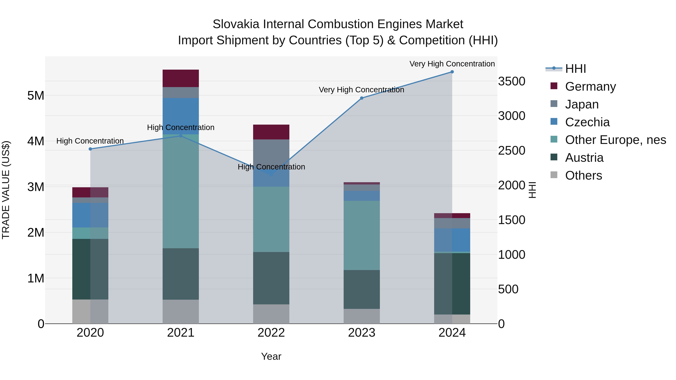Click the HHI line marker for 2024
pyautogui.click(x=452, y=72)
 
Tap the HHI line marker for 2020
pyautogui.click(x=90, y=149)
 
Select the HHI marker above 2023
pyautogui.click(x=362, y=98)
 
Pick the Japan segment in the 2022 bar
pyautogui.click(x=271, y=152)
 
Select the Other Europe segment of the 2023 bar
pyautogui.click(x=362, y=235)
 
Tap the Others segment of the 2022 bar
pyautogui.click(x=271, y=314)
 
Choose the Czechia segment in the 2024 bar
pyautogui.click(x=452, y=240)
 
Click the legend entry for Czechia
pyautogui.click(x=587, y=122)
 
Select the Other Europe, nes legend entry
pyautogui.click(x=615, y=140)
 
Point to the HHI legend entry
pyautogui.click(x=575, y=69)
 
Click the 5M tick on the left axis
pyautogui.click(x=36, y=96)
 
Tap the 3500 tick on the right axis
pyautogui.click(x=512, y=81)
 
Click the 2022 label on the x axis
pyautogui.click(x=271, y=333)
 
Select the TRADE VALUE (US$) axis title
pyautogui.click(x=6, y=190)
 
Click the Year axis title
pyautogui.click(x=271, y=356)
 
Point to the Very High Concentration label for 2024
pyautogui.click(x=452, y=64)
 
